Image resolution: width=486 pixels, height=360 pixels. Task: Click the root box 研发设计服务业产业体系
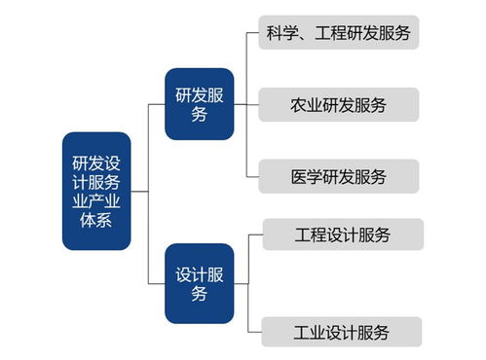pos(95,191)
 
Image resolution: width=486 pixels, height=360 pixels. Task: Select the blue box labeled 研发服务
pos(199,104)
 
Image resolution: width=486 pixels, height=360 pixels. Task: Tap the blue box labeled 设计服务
pos(199,283)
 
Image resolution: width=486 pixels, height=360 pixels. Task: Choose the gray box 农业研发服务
pos(339,105)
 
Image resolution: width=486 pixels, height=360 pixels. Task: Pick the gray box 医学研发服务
pos(339,176)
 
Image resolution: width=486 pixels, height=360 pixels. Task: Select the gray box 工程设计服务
pos(343,234)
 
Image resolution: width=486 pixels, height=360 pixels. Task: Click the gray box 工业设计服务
pos(343,332)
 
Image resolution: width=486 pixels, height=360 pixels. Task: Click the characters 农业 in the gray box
pos(306,105)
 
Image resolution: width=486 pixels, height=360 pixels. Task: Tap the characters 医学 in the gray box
pos(306,176)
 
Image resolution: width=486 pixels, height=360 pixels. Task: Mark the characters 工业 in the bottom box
pos(310,332)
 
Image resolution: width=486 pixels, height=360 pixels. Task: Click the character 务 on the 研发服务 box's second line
pos(199,115)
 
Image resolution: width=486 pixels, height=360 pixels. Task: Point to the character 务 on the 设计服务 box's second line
pos(199,294)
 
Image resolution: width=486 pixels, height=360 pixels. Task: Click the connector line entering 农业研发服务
pos(252,105)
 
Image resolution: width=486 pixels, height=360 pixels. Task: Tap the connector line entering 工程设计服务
pos(256,234)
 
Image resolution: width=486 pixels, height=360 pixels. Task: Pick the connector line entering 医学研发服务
pos(252,176)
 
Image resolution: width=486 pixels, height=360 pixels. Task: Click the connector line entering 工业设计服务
pos(256,332)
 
